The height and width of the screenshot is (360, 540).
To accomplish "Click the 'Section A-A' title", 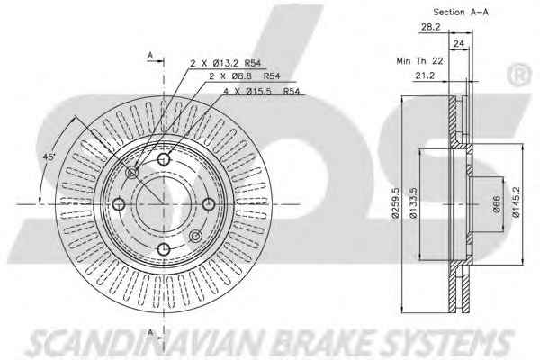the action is [461, 12].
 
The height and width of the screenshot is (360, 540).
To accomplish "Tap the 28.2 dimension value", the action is [430, 27].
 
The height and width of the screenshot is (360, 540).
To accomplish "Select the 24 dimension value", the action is [459, 44].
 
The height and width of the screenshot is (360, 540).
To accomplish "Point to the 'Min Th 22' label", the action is [419, 61].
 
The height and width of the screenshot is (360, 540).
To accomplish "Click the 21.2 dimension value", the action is [425, 76].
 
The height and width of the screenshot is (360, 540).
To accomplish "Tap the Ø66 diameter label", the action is [497, 204].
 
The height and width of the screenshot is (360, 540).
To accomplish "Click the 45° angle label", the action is [49, 157].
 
